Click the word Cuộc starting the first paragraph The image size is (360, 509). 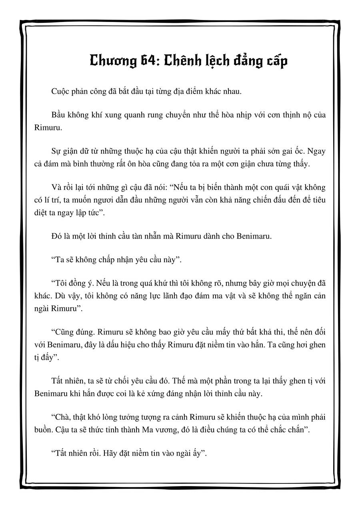(60, 91)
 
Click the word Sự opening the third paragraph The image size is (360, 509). (57, 152)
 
